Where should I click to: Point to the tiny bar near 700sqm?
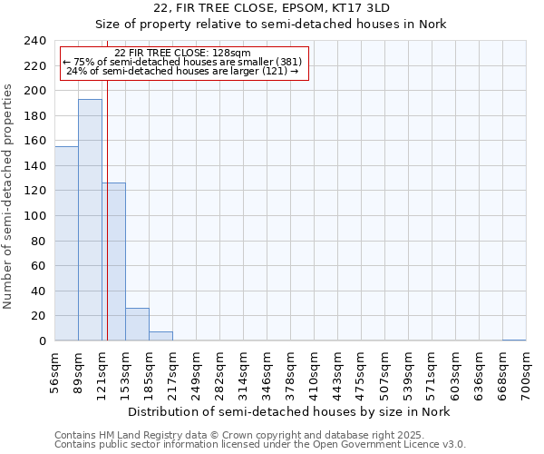[x=514, y=340]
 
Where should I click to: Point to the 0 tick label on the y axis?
[x=43, y=341]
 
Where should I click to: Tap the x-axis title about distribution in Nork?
[x=288, y=411]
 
